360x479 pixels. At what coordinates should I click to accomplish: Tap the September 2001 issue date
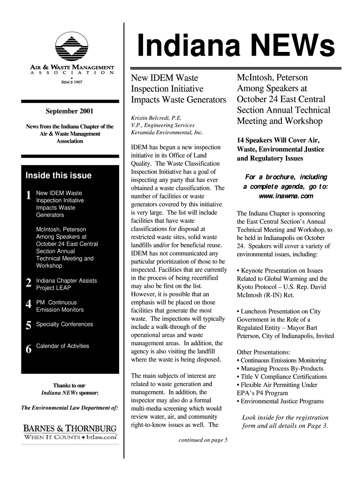69,111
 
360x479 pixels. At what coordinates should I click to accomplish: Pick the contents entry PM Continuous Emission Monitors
60,306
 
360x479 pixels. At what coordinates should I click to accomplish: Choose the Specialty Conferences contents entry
65,324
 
